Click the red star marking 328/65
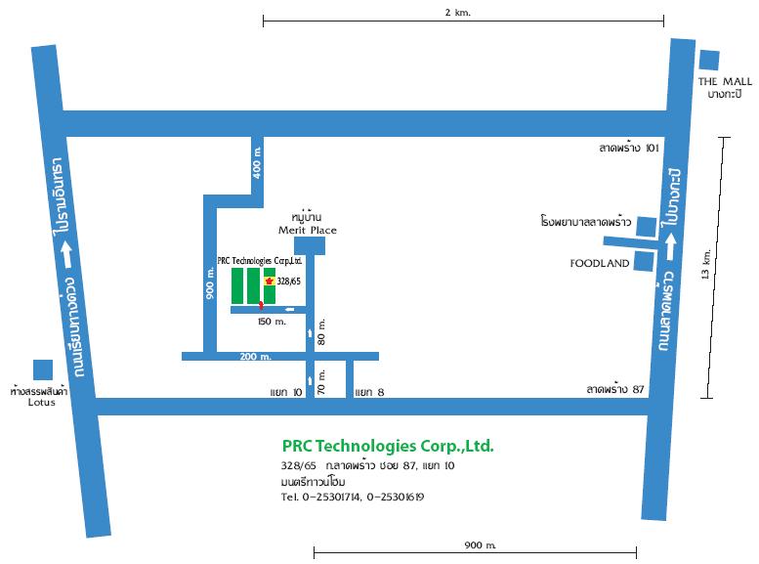pos(269,280)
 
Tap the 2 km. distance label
pos(464,13)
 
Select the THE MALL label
pos(725,80)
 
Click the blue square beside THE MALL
pos(709,60)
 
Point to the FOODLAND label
pos(600,263)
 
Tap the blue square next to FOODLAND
pos(645,261)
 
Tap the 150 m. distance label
pos(272,321)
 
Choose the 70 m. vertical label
pos(321,380)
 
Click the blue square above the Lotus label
pos(42,369)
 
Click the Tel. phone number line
pos(352,497)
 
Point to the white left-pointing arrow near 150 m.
pos(290,310)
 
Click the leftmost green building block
pos(237,285)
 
